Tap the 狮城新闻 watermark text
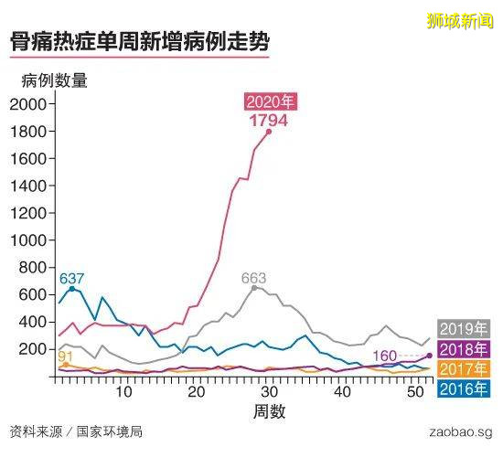pos(459,19)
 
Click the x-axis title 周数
pos(268,411)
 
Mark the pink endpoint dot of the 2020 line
pos(269,132)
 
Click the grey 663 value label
pos(254,278)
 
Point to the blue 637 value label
pos(71,278)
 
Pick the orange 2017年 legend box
pos(465,369)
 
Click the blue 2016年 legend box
pos(465,389)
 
